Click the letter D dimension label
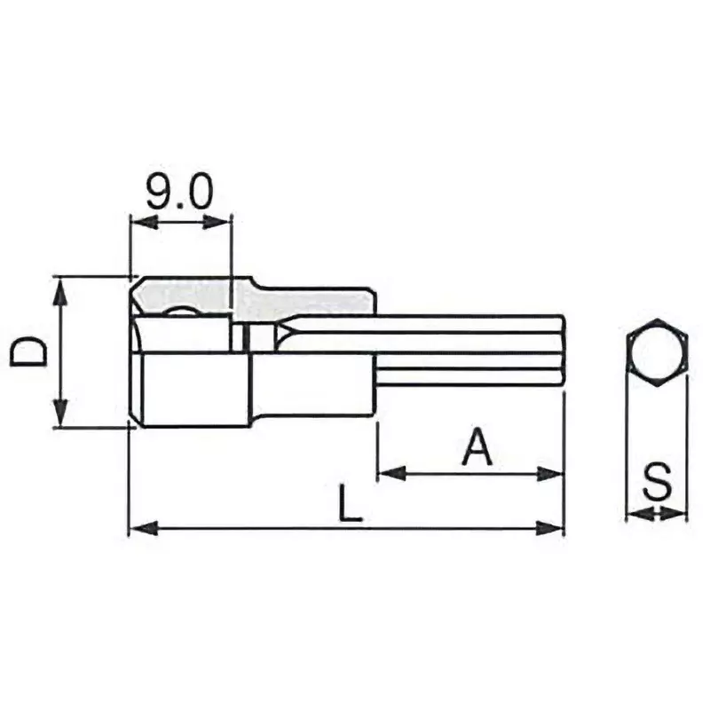(x=30, y=353)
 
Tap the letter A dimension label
(x=477, y=448)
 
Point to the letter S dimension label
(x=657, y=484)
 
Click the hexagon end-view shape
(x=657, y=352)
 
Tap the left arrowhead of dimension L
(x=140, y=530)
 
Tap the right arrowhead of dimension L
(x=555, y=530)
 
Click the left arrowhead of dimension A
(x=389, y=474)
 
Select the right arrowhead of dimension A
(x=555, y=474)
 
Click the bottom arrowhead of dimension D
(x=59, y=416)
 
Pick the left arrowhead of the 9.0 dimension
(x=140, y=222)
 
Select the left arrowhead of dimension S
(x=635, y=513)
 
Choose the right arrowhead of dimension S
(x=678, y=513)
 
